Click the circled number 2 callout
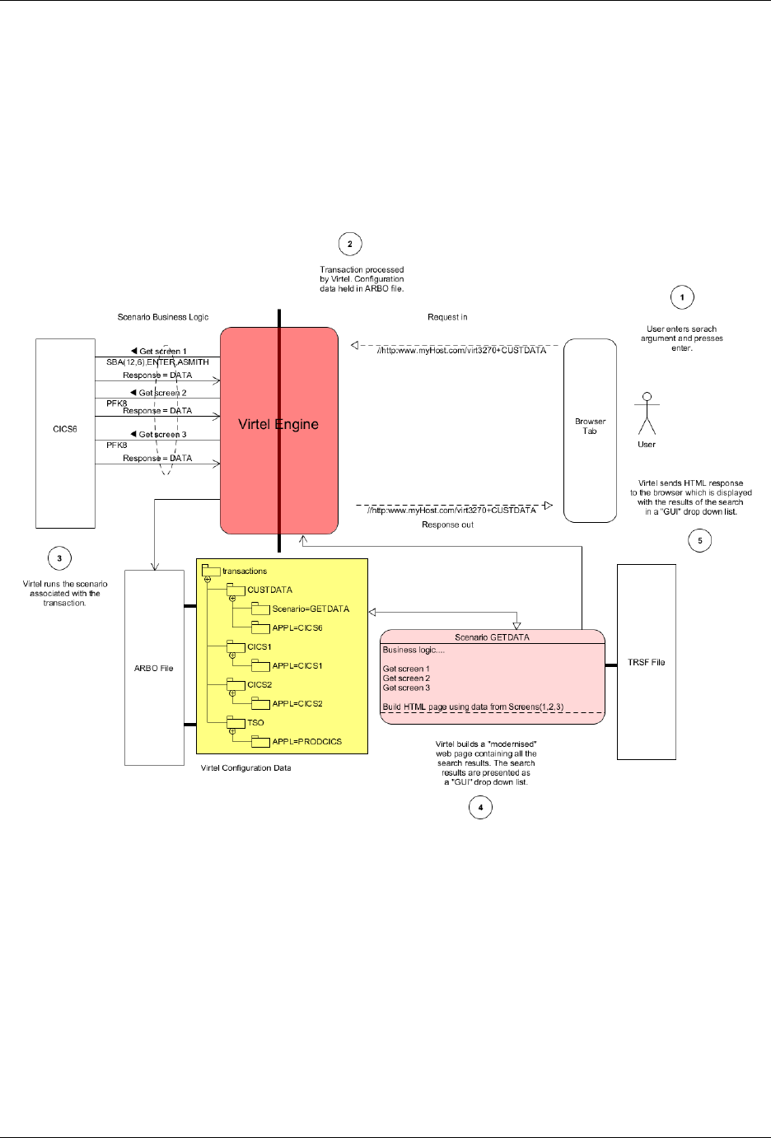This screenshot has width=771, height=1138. (x=350, y=244)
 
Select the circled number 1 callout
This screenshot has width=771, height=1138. (x=682, y=297)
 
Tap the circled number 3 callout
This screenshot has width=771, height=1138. (x=59, y=558)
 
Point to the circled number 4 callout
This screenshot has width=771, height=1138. (x=481, y=807)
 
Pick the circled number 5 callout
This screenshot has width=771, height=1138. (x=700, y=540)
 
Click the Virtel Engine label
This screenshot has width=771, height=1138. (x=278, y=424)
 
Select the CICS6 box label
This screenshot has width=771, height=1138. (x=65, y=429)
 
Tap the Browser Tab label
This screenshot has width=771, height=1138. (x=590, y=426)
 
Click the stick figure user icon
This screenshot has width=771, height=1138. (x=647, y=413)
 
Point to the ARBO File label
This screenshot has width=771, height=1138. (x=154, y=669)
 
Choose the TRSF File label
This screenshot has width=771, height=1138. (x=647, y=662)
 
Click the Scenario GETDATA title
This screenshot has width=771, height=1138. (x=493, y=637)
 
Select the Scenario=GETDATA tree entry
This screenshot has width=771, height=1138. (x=311, y=609)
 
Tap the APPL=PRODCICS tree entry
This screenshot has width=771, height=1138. (x=306, y=742)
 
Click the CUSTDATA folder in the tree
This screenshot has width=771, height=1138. (x=269, y=590)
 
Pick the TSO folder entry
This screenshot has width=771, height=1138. (x=255, y=723)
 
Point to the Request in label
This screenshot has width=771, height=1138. (x=447, y=317)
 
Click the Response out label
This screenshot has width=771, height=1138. (x=447, y=525)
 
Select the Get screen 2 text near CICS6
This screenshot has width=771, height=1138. (x=162, y=393)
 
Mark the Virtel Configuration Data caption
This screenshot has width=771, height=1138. (x=246, y=768)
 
